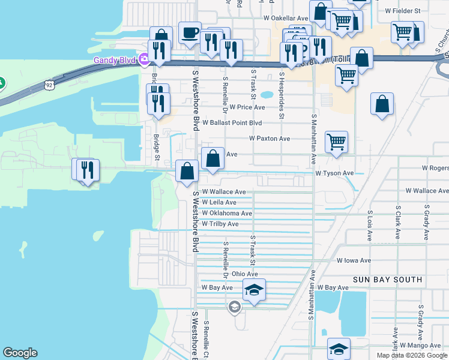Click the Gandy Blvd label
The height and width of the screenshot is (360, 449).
115,60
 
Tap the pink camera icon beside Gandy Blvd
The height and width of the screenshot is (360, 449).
143,60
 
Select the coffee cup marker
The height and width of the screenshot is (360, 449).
190,33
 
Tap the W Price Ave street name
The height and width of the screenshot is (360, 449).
247,107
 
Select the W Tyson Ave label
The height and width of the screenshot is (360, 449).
335,173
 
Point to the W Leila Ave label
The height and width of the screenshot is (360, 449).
219,203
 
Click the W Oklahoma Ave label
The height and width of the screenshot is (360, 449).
227,213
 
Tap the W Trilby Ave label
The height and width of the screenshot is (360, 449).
220,224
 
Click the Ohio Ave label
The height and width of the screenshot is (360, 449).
244,274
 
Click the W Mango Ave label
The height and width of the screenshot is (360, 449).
420,346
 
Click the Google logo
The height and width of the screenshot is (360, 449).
20,353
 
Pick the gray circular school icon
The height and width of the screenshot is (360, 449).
234,308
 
